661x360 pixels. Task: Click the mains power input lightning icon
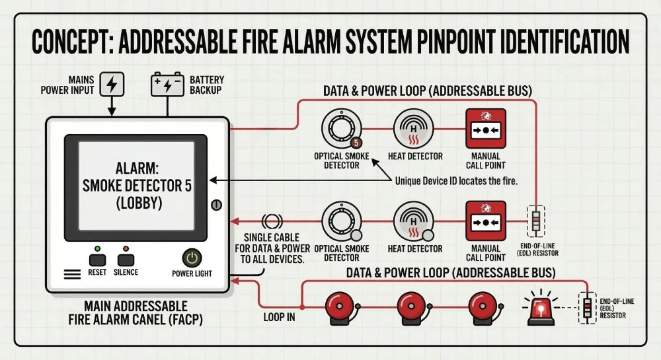coord(112,85)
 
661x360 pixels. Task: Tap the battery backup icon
coord(168,85)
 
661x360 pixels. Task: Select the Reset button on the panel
coord(97,260)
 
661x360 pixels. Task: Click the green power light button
coord(192,258)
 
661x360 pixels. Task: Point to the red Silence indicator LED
coord(125,248)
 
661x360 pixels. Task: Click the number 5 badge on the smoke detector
coord(356,142)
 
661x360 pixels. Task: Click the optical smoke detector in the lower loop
coord(342,223)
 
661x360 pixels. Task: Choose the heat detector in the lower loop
coord(414,223)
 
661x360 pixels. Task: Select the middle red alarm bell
coord(414,306)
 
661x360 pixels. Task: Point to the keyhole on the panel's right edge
coord(216,205)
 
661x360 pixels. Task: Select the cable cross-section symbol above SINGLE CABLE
coord(272,222)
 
